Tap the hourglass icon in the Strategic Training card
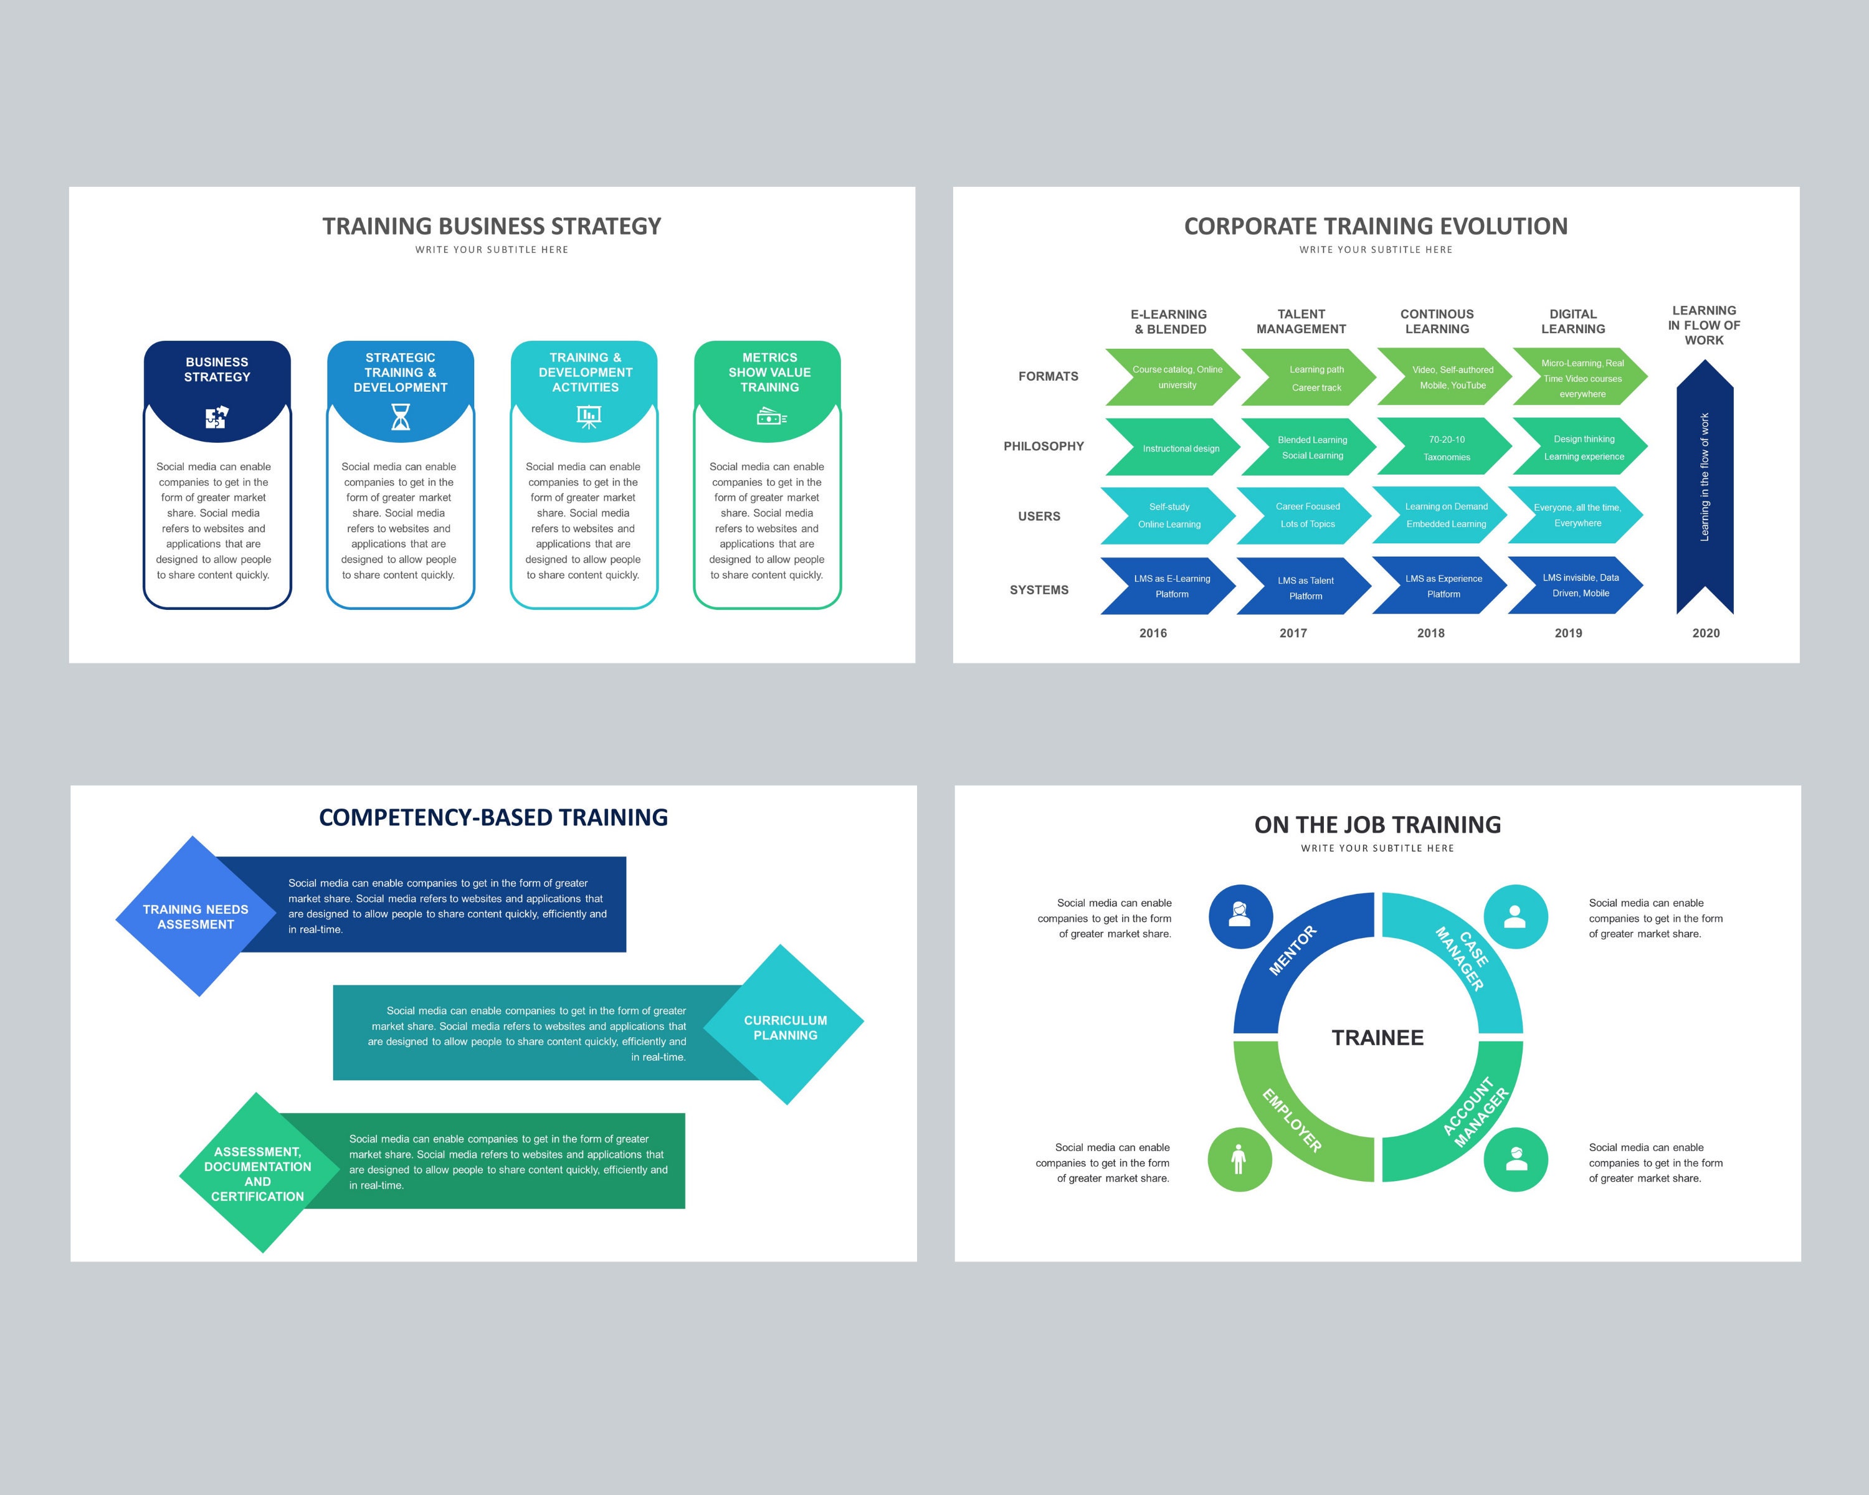(x=401, y=418)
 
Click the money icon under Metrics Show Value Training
(x=771, y=418)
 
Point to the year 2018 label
(x=1430, y=634)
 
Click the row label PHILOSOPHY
(x=1043, y=447)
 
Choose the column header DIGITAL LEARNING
(x=1572, y=321)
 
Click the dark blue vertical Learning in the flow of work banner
(x=1705, y=485)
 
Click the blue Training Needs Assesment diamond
(x=196, y=917)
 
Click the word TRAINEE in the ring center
(x=1377, y=1037)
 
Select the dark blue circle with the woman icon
(x=1240, y=916)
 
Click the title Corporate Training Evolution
(x=1376, y=226)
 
